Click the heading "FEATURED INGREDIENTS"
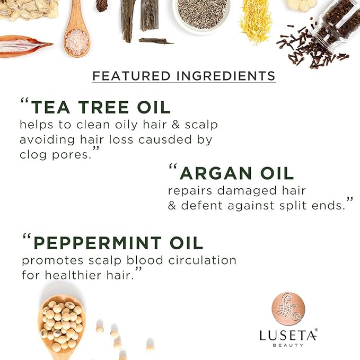click(x=183, y=75)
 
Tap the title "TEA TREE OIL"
click(x=101, y=107)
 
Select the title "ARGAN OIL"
click(x=236, y=173)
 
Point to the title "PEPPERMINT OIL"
click(x=118, y=243)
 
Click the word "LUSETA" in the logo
click(x=288, y=335)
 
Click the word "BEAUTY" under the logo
click(x=288, y=346)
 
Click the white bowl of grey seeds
click(x=203, y=13)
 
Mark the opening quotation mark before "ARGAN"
click(x=172, y=168)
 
